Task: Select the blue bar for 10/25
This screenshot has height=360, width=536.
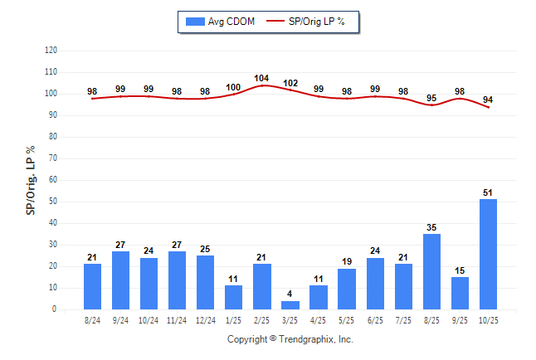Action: point(488,254)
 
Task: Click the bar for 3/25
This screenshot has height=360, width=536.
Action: point(290,305)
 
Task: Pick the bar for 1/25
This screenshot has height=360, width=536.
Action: point(234,297)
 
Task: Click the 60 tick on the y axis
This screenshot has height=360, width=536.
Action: point(52,180)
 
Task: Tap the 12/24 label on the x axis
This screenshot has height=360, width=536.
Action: point(206,320)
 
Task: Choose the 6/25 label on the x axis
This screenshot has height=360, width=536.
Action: point(375,320)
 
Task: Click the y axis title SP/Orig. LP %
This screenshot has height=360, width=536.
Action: point(31,178)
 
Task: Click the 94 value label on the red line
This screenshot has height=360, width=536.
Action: point(488,100)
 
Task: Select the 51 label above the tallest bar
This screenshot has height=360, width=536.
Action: point(488,192)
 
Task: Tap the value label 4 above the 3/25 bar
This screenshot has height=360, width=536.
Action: point(290,294)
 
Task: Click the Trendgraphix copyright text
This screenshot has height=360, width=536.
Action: point(290,339)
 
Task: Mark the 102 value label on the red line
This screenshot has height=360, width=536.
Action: point(290,82)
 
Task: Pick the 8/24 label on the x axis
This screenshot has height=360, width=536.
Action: point(92,320)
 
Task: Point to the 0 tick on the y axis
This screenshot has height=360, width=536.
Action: point(55,309)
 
